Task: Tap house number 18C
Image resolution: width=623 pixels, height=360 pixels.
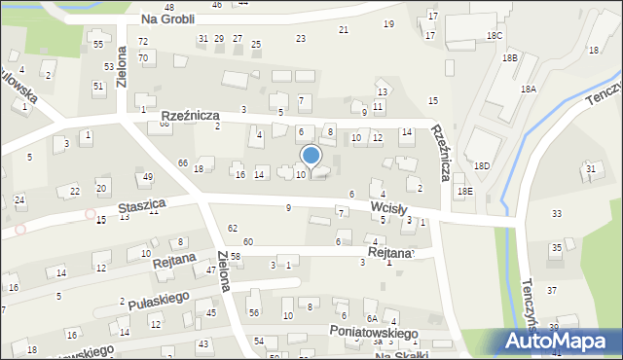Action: [x=495, y=35]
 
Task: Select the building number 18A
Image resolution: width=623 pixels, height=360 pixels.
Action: [x=528, y=89]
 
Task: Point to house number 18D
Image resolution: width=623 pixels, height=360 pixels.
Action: [x=482, y=166]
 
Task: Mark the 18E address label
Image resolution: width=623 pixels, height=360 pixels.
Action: [x=465, y=192]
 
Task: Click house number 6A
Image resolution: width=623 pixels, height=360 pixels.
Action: [x=371, y=319]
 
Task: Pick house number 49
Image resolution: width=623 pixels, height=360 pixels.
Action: [x=147, y=177]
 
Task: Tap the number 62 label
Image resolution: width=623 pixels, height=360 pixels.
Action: [x=232, y=228]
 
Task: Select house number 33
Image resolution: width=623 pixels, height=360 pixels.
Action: [x=556, y=213]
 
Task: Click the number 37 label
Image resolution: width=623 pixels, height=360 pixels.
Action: [x=552, y=290]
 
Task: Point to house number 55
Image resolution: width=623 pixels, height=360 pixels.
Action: [x=97, y=45]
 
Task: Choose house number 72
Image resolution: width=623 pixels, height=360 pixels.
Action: [x=143, y=42]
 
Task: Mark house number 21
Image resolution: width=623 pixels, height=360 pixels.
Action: [x=343, y=30]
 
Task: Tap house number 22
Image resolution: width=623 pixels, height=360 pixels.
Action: [x=75, y=190]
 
